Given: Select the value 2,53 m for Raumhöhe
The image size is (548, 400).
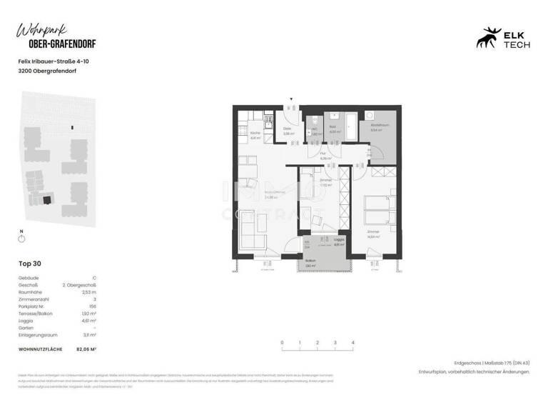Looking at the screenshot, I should click(x=88, y=292).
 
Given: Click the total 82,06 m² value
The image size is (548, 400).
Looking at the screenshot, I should click(x=86, y=349).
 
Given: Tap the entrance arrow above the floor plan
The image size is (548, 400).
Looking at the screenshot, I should click(x=290, y=99).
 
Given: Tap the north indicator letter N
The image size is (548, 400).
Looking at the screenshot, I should click(x=21, y=231).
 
